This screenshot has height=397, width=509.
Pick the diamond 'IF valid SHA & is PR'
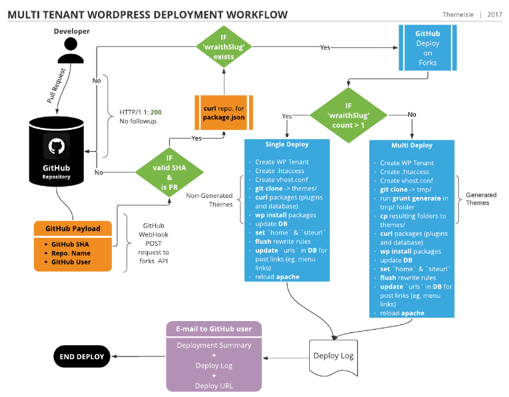pos(169,172)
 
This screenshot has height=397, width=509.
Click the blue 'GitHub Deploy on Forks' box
pos(427,48)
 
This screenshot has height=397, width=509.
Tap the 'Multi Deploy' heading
pos(411,145)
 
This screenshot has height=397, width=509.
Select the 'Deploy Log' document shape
pos(333,356)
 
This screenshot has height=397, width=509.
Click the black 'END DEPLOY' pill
pos(82,356)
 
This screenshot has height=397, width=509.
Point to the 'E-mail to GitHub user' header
pos(213,329)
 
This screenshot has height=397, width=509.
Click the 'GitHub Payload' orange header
pos(73,228)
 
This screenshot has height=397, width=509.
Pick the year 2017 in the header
pos(494,15)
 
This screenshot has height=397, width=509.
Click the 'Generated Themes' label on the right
pos(481,199)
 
